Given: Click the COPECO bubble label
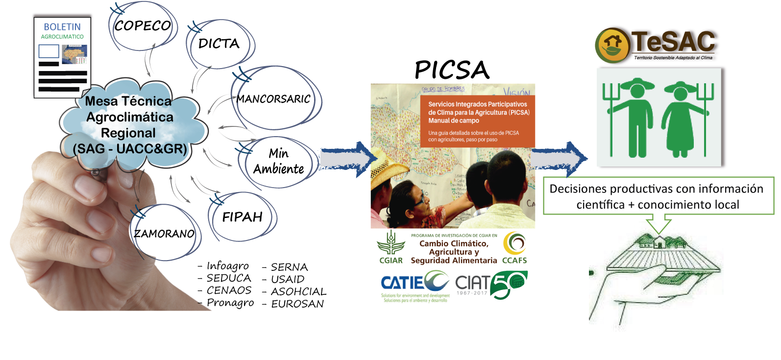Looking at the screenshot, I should (x=143, y=25).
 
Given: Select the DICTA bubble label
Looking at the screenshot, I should (x=219, y=44).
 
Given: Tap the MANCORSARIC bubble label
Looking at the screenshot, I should (x=273, y=99).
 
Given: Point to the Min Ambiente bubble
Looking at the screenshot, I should (x=278, y=161).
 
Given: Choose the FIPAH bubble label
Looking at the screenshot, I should (x=242, y=216).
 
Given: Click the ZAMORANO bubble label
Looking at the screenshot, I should (x=164, y=234).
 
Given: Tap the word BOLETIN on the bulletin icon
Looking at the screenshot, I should (x=62, y=27).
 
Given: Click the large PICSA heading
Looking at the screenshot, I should (x=452, y=70).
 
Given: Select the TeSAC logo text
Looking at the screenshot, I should (x=674, y=42).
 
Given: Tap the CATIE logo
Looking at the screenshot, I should (x=415, y=286).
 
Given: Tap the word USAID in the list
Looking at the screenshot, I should (x=288, y=279).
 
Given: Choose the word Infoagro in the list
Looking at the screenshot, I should (x=227, y=266).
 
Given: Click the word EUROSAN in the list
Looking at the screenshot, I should (x=297, y=304).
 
